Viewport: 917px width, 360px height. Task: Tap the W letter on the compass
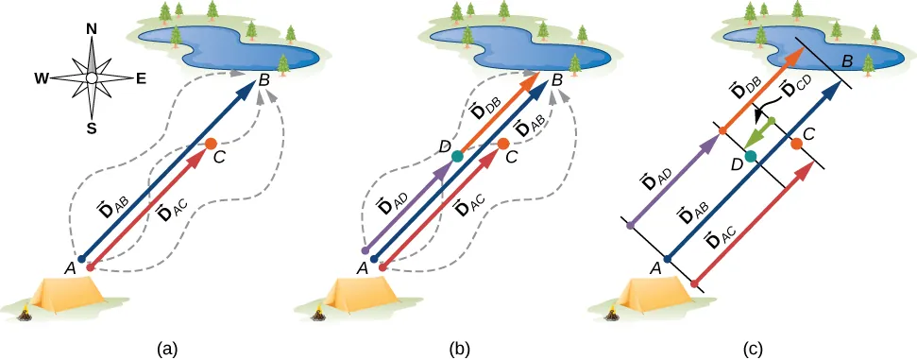(42, 78)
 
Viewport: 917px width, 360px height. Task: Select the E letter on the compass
(141, 78)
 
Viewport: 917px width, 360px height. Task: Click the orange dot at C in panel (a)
(212, 145)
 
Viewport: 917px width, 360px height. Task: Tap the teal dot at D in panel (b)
(458, 156)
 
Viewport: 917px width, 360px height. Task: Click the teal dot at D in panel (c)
(751, 156)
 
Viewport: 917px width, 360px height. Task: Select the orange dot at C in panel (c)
(797, 144)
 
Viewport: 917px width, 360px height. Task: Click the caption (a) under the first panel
(166, 349)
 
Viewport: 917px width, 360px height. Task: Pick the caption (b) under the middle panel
(459, 349)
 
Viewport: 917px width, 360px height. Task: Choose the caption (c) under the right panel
(753, 349)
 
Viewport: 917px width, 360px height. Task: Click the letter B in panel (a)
(265, 81)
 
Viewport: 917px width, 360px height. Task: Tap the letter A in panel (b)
(362, 269)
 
